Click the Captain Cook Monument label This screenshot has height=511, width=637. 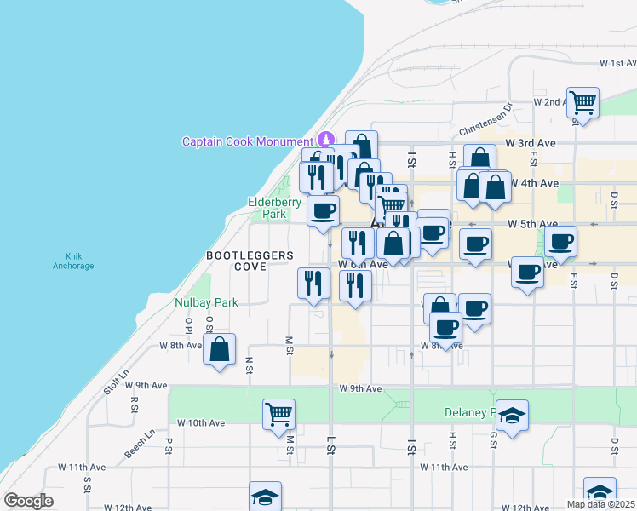[x=247, y=141]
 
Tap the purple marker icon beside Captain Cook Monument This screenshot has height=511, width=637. [x=325, y=140]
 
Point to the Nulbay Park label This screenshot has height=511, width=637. [x=206, y=302]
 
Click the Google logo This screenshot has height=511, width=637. [x=28, y=501]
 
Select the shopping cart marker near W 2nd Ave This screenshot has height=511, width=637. [x=582, y=103]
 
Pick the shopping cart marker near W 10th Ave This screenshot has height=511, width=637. [x=278, y=415]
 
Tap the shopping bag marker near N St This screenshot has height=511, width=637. [x=220, y=348]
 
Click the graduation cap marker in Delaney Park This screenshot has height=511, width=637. [x=512, y=416]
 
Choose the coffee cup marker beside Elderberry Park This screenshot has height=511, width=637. [x=323, y=210]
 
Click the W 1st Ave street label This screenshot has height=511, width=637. [x=617, y=63]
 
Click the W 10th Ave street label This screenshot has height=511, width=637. [x=200, y=422]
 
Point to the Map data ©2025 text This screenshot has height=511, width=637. [x=600, y=504]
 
